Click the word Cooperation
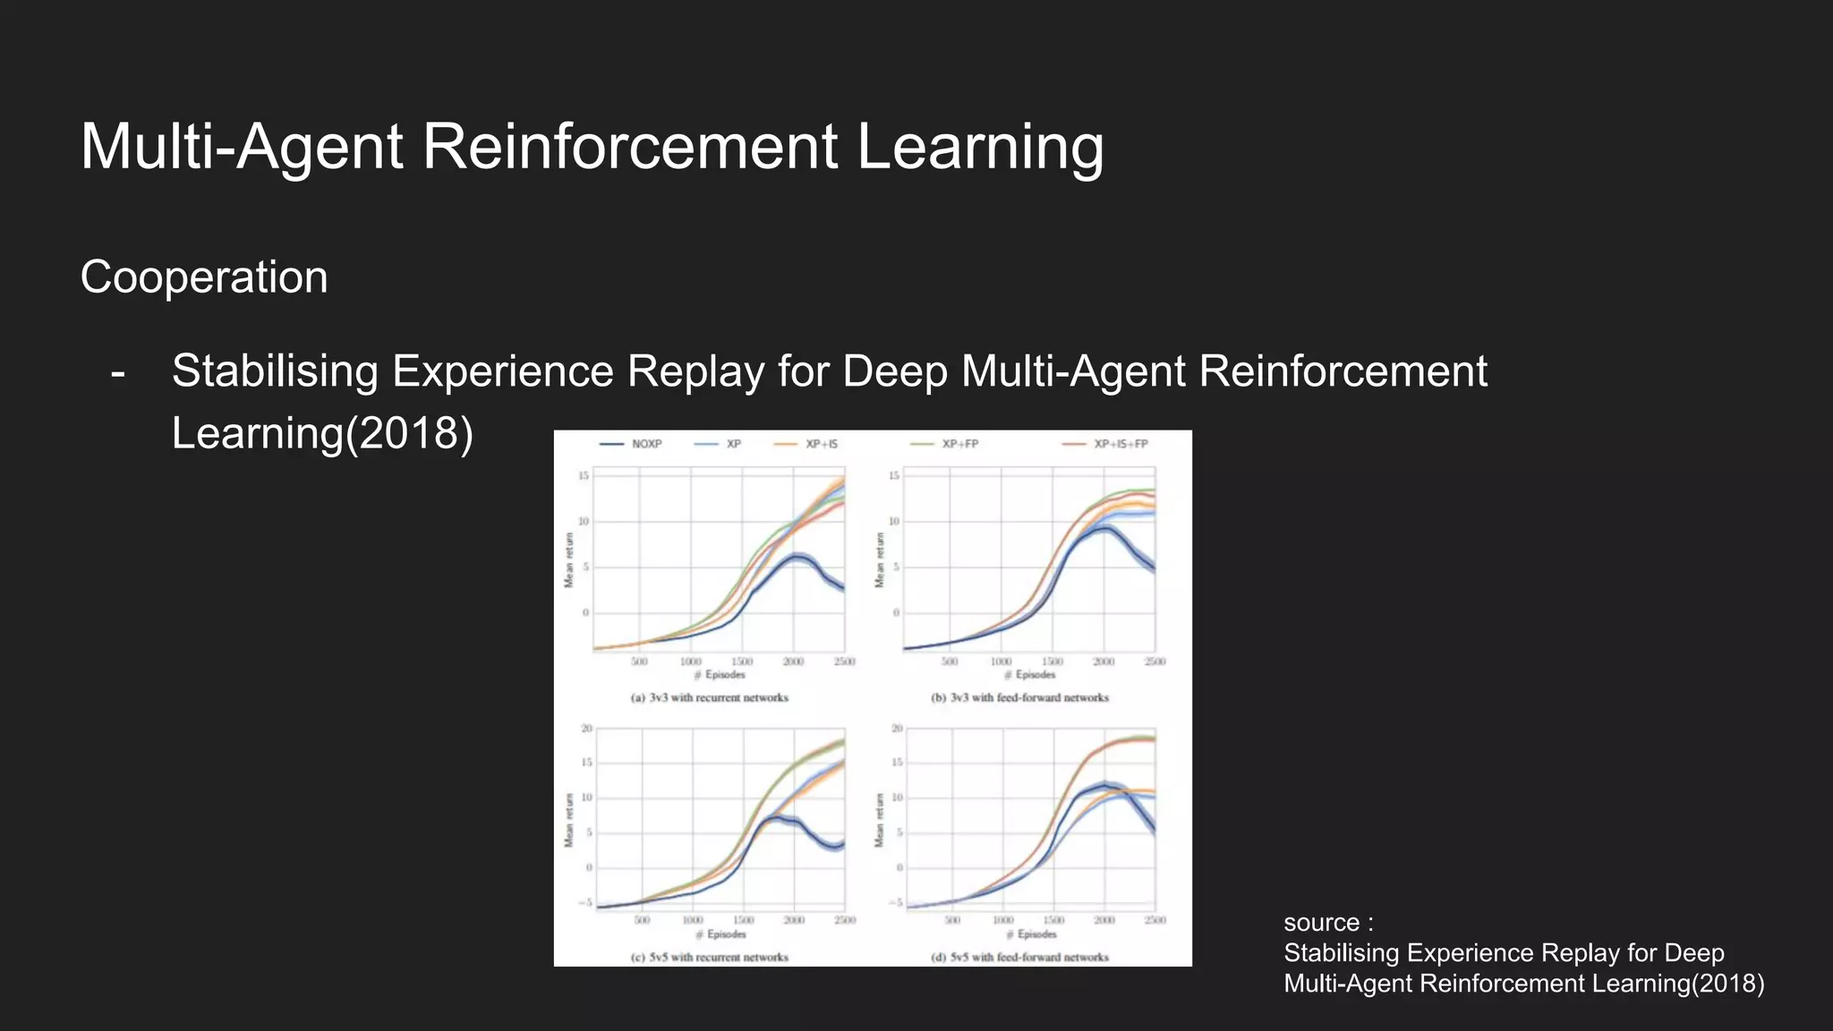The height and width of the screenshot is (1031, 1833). pyautogui.click(x=204, y=277)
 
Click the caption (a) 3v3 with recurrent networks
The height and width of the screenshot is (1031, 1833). pyautogui.click(x=710, y=697)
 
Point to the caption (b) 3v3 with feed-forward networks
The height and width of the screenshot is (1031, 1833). pyautogui.click(x=1019, y=697)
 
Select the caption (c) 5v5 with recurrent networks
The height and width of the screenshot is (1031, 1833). pyautogui.click(x=710, y=957)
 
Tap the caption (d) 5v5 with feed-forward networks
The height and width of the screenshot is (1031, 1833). pyautogui.click(x=1019, y=957)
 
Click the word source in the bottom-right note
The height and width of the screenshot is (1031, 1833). pyautogui.click(x=1321, y=923)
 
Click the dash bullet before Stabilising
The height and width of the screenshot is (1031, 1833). pyautogui.click(x=117, y=372)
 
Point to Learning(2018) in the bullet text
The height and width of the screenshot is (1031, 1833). pyautogui.click(x=322, y=433)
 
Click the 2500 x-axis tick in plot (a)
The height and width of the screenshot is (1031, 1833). pyautogui.click(x=844, y=661)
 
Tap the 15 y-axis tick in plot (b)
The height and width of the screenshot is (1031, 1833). pyautogui.click(x=893, y=475)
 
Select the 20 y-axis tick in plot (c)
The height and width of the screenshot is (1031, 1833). pyautogui.click(x=587, y=729)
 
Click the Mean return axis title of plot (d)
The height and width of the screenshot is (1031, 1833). pyautogui.click(x=880, y=821)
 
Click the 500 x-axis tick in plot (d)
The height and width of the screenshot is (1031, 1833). pyautogui.click(x=952, y=920)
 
